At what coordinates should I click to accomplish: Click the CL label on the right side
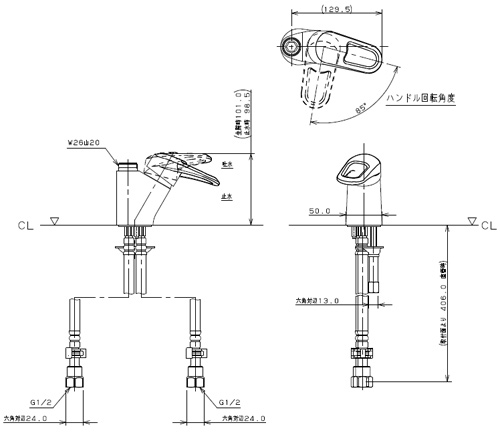point(487,224)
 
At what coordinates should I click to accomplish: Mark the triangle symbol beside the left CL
point(55,219)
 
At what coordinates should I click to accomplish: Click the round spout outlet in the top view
point(291,46)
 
